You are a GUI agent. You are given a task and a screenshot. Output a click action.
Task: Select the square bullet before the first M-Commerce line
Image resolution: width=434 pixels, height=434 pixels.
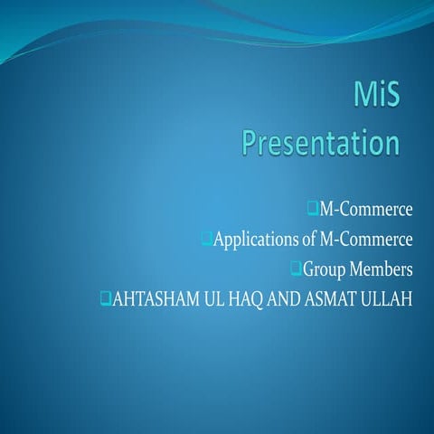pyautogui.click(x=312, y=210)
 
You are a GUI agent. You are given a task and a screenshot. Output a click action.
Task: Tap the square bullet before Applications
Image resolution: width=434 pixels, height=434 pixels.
pyautogui.click(x=206, y=239)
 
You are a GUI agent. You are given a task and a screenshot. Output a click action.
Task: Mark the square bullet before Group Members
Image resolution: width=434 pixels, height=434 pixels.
pyautogui.click(x=295, y=268)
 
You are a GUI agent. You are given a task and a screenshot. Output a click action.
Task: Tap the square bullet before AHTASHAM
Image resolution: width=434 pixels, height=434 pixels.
pyautogui.click(x=105, y=297)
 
